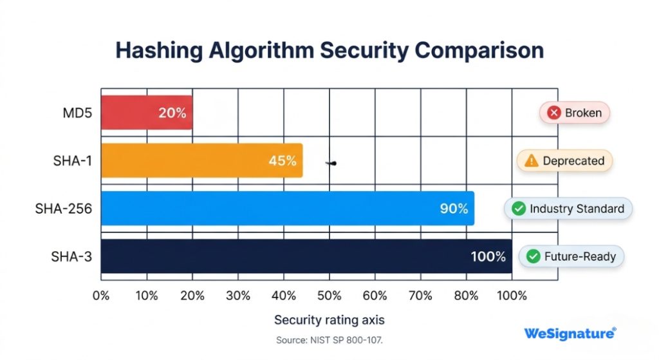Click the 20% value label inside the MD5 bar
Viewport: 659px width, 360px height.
point(172,113)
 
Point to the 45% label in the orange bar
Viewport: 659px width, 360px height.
point(282,160)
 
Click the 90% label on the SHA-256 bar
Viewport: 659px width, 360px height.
point(453,209)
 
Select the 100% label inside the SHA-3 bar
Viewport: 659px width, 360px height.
point(488,256)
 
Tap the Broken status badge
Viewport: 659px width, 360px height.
point(574,113)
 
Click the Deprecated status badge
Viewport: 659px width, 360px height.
point(564,161)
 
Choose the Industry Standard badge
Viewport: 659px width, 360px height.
point(568,209)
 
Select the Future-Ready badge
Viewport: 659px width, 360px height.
point(571,256)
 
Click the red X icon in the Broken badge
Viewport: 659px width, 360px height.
point(553,113)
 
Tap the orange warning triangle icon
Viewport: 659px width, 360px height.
point(531,161)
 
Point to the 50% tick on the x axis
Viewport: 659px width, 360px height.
point(329,296)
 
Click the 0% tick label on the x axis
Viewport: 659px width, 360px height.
point(101,296)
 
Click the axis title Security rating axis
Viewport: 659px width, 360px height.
point(329,320)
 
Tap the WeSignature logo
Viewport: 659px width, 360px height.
point(570,333)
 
